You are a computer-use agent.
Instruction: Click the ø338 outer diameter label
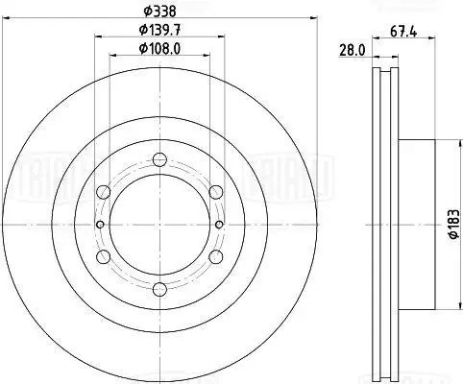[x=160, y=12]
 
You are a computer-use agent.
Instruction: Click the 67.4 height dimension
[x=404, y=33]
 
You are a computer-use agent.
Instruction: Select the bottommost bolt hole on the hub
[x=160, y=290]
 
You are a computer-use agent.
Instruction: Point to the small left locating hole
[x=100, y=225]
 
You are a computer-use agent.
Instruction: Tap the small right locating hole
[x=221, y=225]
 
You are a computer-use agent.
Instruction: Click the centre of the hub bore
[x=160, y=225]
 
